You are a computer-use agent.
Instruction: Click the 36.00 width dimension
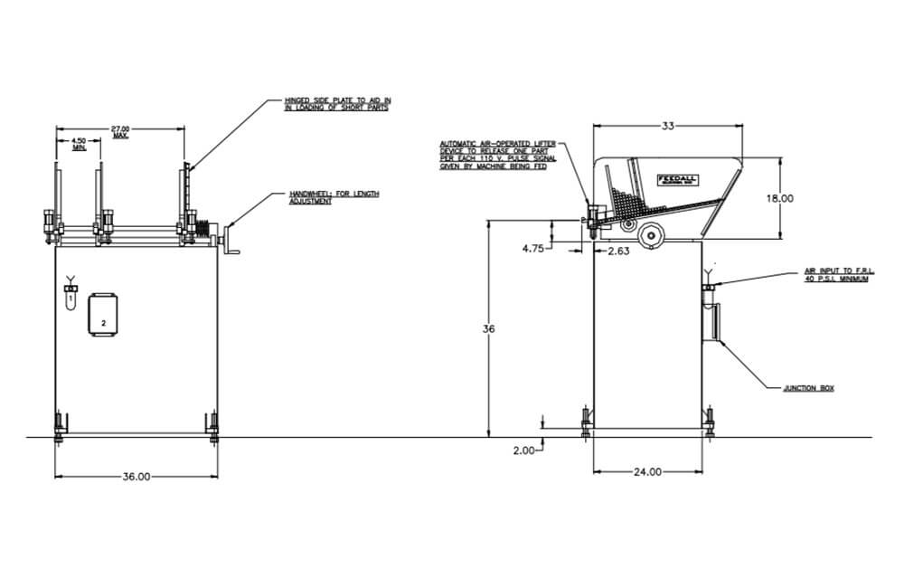click(137, 476)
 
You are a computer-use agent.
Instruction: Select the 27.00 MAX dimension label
click(120, 132)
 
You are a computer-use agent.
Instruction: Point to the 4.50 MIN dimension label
click(79, 143)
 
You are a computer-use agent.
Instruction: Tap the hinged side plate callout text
click(337, 104)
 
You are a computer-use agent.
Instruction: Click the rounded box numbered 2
click(103, 316)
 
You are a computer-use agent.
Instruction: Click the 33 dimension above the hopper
click(667, 126)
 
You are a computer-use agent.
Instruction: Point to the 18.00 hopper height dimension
click(780, 198)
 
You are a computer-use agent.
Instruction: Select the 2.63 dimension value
click(617, 251)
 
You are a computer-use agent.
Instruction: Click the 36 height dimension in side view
click(489, 329)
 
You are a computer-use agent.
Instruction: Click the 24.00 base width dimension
click(646, 471)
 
